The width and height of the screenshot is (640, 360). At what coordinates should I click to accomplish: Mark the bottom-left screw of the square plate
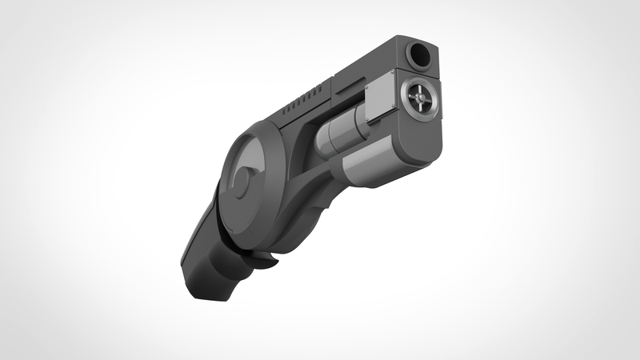(370, 120)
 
